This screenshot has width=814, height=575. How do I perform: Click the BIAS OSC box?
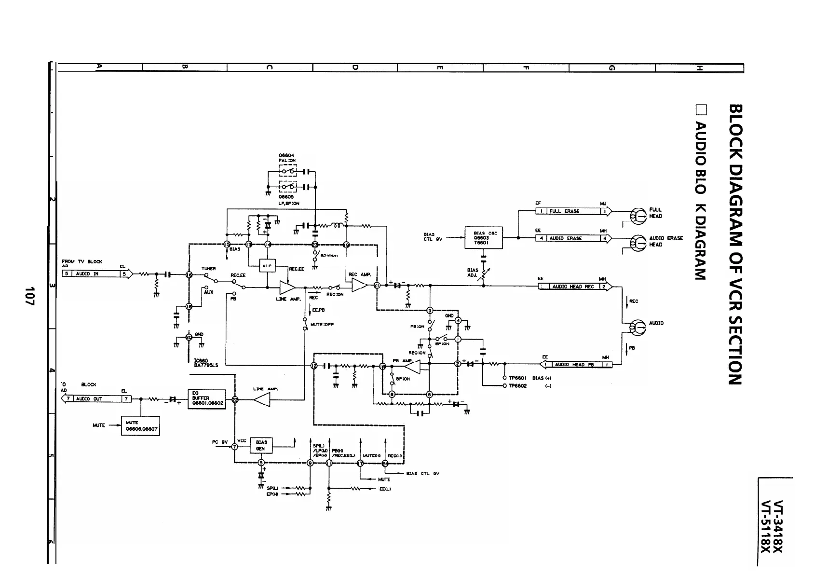coord(483,238)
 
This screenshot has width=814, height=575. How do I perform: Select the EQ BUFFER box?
coord(206,398)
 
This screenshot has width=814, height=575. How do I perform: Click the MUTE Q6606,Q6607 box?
coord(140,425)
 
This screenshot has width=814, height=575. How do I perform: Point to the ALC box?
coord(267,266)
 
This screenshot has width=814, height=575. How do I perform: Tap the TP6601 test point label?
coord(517,378)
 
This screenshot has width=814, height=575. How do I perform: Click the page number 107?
coord(30,296)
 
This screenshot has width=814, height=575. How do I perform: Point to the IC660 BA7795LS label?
coord(206,363)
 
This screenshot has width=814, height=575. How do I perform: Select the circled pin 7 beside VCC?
coord(235,447)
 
